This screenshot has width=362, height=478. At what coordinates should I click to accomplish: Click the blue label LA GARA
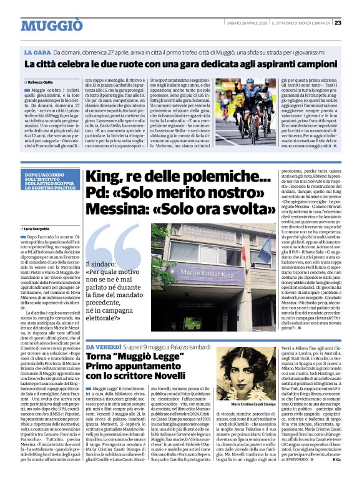pos(37,54)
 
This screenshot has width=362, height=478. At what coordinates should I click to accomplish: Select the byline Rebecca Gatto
pos(41,82)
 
